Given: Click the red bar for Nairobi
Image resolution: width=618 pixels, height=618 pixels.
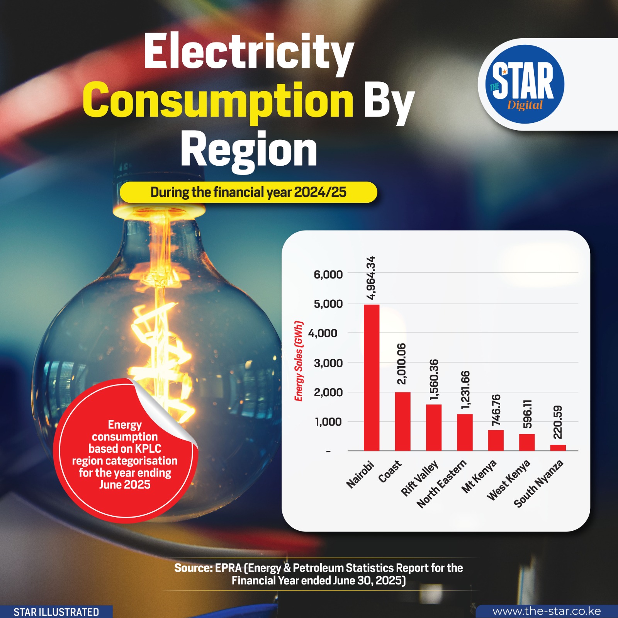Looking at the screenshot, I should [372, 377].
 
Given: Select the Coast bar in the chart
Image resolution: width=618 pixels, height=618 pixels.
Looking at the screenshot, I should [402, 421].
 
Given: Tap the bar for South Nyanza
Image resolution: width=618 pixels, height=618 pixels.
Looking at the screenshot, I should [558, 448].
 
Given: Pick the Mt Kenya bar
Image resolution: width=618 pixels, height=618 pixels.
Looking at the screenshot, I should [496, 440].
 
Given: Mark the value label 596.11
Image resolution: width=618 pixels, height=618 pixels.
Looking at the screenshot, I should [527, 414].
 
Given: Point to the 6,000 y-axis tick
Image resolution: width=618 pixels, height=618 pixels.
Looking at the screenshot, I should [328, 275].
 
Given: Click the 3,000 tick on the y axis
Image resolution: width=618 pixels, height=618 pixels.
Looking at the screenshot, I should [328, 363].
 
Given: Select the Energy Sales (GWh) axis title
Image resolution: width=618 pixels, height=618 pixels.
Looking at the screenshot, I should [299, 361].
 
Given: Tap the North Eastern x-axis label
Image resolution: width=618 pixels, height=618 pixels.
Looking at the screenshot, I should [442, 484].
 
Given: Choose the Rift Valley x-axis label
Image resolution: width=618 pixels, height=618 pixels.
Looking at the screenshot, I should [419, 478].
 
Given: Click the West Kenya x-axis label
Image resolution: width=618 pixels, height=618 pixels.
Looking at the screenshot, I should [508, 480].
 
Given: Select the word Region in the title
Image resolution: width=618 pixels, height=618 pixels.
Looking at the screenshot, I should [248, 149].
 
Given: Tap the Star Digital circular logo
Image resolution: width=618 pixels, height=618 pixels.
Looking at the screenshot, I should [525, 85].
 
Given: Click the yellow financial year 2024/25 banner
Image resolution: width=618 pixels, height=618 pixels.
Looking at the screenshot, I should [248, 192].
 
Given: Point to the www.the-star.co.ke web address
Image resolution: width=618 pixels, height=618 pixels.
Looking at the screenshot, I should [546, 611].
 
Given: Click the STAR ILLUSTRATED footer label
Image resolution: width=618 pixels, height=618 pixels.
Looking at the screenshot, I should [56, 612].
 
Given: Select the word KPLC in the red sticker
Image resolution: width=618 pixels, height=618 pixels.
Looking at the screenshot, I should [148, 448].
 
